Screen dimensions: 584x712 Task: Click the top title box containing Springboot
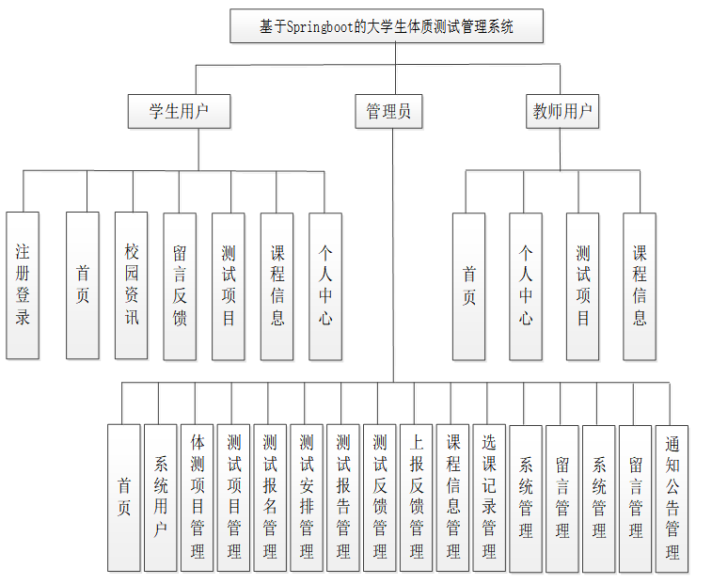[387, 26]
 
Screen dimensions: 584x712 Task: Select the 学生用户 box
[179, 111]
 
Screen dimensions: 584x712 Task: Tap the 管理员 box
[388, 111]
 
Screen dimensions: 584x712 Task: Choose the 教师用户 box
[562, 111]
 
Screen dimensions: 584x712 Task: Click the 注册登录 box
[23, 285]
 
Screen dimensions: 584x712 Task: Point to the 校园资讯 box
[132, 285]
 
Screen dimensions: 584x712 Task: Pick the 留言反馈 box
[180, 285]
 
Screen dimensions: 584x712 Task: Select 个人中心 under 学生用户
[325, 285]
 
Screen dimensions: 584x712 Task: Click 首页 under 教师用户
[468, 286]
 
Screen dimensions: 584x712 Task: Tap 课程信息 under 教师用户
[640, 286]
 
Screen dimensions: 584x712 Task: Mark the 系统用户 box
[161, 497]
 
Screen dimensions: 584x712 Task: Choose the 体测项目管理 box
[198, 497]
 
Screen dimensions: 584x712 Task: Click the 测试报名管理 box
[271, 497]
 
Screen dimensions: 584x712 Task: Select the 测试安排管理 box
[308, 497]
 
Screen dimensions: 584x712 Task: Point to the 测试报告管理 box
[343, 497]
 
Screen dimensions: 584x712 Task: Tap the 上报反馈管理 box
[417, 497]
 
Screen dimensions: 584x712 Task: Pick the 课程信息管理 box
[453, 497]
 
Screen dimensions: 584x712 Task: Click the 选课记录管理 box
[489, 497]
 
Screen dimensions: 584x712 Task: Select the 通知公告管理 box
[672, 498]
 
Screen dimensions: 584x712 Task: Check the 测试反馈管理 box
[380, 497]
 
